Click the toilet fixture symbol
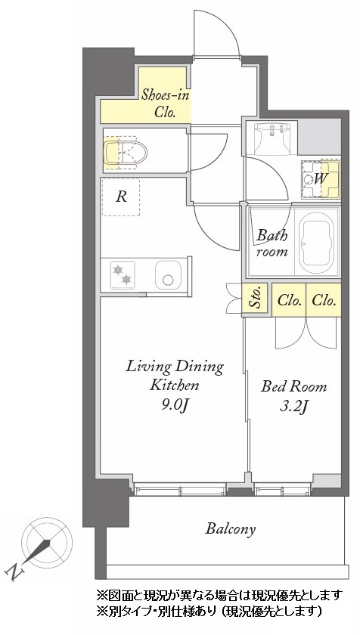click(x=125, y=152)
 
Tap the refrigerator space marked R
click(x=121, y=197)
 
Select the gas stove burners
click(x=123, y=275)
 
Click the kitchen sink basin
click(x=168, y=275)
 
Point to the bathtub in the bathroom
click(x=317, y=243)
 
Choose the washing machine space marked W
click(x=321, y=178)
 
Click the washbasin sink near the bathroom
click(x=272, y=138)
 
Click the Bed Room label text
click(x=293, y=386)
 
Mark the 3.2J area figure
click(x=293, y=406)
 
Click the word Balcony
click(x=231, y=529)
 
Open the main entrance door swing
click(x=216, y=33)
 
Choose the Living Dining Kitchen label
click(x=175, y=376)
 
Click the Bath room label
click(x=272, y=243)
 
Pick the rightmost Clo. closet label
click(x=324, y=301)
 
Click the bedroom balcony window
click(x=283, y=490)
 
